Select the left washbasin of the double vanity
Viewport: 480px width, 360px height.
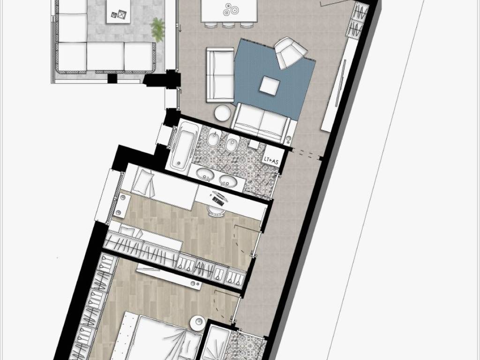(x=204, y=175)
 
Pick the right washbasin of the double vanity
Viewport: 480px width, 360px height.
(x=229, y=180)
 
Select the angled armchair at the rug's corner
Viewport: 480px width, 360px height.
(x=290, y=52)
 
